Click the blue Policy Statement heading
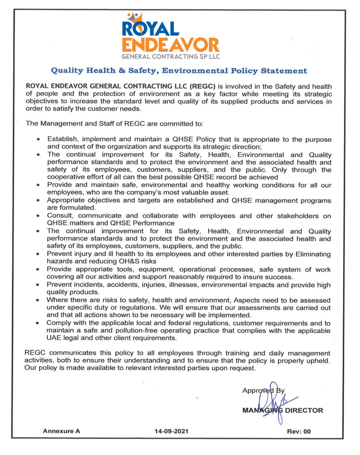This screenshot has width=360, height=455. pos(179,71)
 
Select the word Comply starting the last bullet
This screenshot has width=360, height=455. pos(58,323)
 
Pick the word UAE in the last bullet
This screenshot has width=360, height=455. pos(53,338)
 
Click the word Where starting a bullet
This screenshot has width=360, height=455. pos(56,300)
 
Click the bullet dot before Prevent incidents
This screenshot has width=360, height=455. pos(38,285)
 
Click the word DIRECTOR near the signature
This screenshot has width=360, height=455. pos(305,410)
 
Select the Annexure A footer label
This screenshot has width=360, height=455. pos(61,431)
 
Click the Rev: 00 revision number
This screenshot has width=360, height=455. pos(299,431)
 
